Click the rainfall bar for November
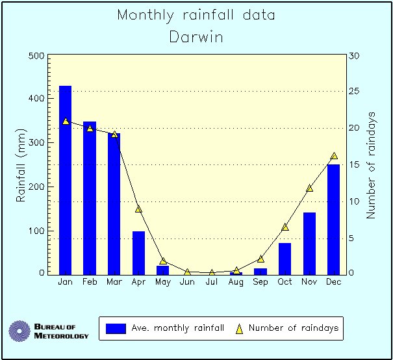point(309,243)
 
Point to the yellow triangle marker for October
point(285,227)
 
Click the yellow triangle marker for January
point(66,121)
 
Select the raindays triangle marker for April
point(138,209)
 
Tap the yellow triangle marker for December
point(334,156)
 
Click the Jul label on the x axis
point(211,282)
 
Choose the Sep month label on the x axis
point(260,282)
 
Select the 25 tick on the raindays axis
point(355,92)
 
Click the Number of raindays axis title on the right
point(372,165)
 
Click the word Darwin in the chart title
point(196,37)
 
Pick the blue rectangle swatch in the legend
point(115,329)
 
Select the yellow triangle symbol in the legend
point(238,329)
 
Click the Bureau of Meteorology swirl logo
point(19,331)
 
